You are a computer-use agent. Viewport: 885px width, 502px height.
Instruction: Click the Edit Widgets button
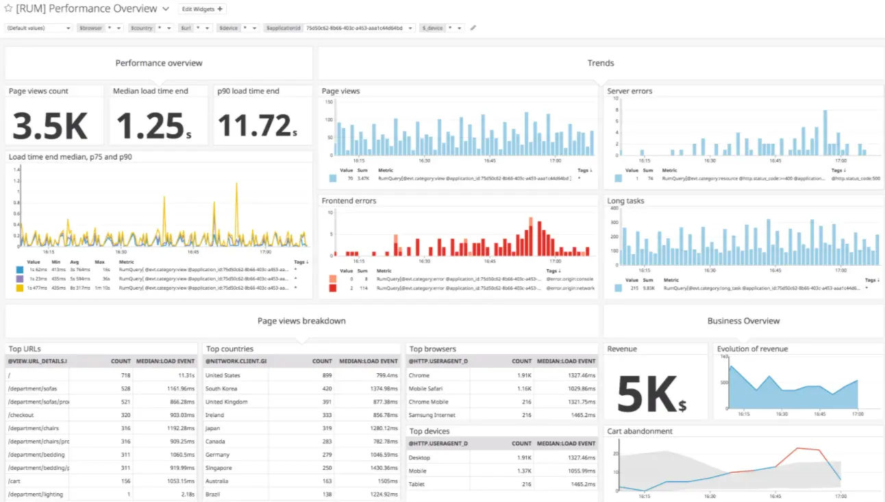202,9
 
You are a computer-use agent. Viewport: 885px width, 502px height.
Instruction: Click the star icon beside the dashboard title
9,9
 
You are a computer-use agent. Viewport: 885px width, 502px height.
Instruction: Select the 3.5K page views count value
50,125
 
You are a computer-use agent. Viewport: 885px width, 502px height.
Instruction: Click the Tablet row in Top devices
416,484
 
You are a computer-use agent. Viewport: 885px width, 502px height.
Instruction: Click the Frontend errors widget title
349,201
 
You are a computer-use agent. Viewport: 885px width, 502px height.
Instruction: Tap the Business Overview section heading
743,321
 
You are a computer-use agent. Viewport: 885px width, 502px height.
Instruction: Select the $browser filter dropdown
99,28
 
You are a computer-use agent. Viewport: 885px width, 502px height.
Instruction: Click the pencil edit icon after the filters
473,28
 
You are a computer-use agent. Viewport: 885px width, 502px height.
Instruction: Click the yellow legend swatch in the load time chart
19,288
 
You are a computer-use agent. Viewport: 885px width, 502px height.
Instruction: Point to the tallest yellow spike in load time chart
237,185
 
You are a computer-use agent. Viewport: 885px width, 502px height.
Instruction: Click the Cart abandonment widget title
639,431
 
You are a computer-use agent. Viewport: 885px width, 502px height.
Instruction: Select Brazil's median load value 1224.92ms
381,494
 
